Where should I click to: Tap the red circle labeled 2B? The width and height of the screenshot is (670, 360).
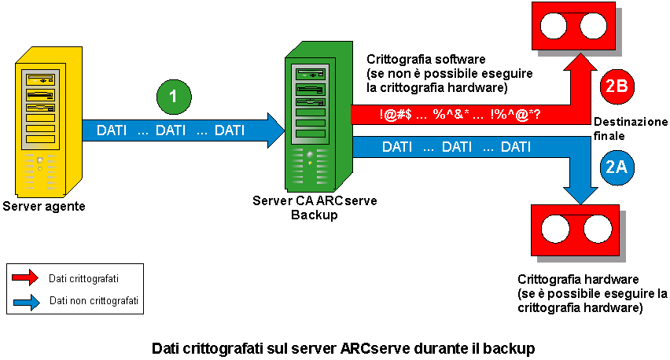(617, 86)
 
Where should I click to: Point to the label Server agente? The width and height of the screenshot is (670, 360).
(43, 207)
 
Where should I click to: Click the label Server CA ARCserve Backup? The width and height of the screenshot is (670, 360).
(315, 208)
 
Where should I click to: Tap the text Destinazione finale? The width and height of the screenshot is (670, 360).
(630, 129)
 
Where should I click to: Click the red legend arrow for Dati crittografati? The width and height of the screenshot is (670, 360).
(28, 277)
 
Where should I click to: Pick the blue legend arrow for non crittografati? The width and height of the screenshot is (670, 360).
(28, 300)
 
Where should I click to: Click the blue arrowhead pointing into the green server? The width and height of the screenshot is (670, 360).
(274, 130)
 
